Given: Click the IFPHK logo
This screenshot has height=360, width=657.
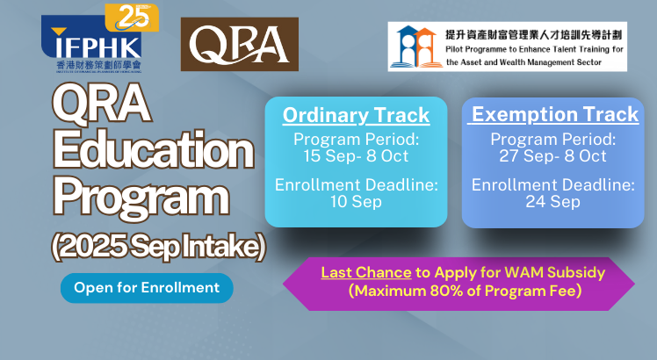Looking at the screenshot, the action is pos(91,44).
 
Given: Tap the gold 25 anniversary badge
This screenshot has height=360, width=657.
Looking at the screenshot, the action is pos(132,18).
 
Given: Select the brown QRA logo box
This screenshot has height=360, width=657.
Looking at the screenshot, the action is pos(240,44).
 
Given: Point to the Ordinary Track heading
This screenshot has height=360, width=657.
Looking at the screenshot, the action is pos(356,115).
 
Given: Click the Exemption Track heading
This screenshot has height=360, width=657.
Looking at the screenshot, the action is pos(554,114).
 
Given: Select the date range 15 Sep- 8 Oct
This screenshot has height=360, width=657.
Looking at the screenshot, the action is pos(356,156).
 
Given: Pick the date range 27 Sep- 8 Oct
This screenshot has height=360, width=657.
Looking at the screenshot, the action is pos(552,156).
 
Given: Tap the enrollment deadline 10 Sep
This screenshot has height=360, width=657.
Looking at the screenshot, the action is pos(356,202).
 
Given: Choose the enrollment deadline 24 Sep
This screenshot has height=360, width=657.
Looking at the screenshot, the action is pos(552,202).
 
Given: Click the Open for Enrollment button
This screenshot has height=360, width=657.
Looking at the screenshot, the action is pos(147,288).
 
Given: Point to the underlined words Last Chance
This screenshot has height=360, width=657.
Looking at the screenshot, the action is pos(366,273).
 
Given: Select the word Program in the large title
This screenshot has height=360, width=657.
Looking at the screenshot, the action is pos(141,198).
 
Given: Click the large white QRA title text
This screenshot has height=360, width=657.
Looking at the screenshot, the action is pos(101,103).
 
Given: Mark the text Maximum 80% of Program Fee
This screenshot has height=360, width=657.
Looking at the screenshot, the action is pos(466,291).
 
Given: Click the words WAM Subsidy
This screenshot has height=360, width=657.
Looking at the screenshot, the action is pos(555,273).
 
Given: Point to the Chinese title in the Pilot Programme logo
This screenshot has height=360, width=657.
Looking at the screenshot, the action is pos(533,35).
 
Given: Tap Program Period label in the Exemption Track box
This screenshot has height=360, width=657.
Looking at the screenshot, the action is pos(553,139).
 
